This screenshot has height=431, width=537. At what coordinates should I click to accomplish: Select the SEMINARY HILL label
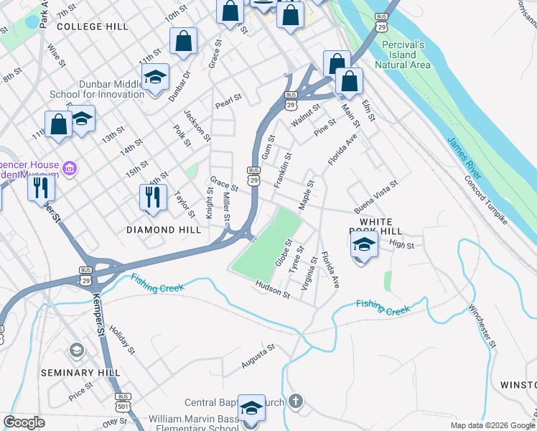(76, 373)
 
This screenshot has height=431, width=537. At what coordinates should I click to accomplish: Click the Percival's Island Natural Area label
(407, 55)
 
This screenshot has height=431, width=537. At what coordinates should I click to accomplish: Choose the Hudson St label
(273, 290)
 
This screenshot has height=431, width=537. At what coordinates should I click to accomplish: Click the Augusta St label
(258, 357)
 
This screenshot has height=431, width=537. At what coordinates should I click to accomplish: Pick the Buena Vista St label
(376, 197)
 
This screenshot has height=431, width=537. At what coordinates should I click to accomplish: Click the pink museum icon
(70, 170)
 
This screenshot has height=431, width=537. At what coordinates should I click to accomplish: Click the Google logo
(24, 422)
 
